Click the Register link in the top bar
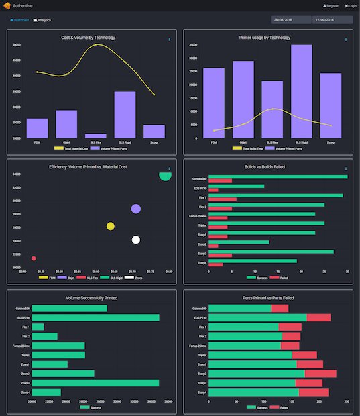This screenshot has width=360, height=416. tap(331, 5)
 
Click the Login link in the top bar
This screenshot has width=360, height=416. tap(350, 5)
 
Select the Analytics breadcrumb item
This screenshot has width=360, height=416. tap(42, 20)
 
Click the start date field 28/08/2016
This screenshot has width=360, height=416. tap(291, 20)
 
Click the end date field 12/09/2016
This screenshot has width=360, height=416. tap(333, 20)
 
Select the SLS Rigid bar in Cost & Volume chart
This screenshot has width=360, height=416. tap(125, 114)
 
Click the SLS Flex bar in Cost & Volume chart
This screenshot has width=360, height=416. tap(96, 136)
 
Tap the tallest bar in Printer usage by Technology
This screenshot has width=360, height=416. tap(301, 91)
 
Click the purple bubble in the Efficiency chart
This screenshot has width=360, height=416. tap(136, 209)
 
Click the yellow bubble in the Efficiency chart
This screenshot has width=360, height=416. tap(111, 226)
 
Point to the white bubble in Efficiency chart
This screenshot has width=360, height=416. tap(136, 240)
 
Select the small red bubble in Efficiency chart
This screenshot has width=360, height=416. tap(34, 258)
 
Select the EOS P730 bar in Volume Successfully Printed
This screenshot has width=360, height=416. tap(95, 317)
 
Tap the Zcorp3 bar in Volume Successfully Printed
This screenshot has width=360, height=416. tap(95, 383)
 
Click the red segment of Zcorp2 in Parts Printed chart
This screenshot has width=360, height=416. tap(320, 374)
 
